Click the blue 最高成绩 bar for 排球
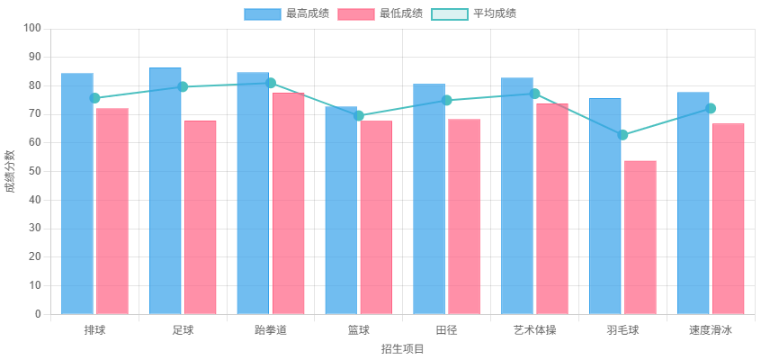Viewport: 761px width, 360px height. coord(77,193)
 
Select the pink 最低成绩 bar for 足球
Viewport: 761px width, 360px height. coord(201,217)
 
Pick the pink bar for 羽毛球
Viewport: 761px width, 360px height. coord(640,237)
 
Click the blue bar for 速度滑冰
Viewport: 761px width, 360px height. coord(694,202)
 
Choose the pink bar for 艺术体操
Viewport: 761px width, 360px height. coord(552,209)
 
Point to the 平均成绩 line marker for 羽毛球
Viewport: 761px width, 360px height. coord(623,135)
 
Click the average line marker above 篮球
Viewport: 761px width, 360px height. coord(360,115)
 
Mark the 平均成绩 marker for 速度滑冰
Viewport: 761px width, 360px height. coord(712,108)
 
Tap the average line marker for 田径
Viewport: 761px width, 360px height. coord(447,100)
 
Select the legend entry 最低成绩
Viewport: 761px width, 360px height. coord(380,13)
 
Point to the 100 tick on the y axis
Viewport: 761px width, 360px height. coord(32,28)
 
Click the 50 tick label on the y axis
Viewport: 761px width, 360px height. coord(35,171)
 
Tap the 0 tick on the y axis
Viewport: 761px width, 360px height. coord(38,314)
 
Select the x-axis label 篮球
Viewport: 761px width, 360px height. coord(359,330)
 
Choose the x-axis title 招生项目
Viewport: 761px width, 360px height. coord(402,348)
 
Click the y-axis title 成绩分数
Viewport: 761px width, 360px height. coord(11,171)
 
